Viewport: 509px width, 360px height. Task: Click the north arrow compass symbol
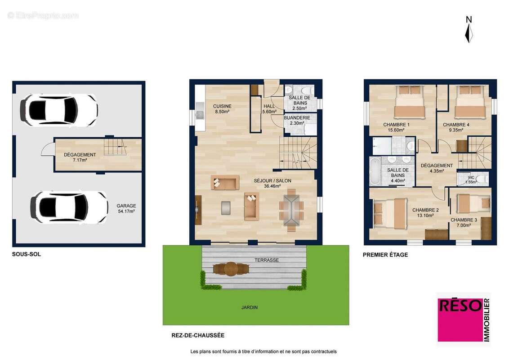469,30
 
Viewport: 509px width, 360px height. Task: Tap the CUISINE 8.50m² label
222,109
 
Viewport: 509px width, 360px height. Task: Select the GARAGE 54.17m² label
126,208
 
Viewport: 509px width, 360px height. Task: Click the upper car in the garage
59,110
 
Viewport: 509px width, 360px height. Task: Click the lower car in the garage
69,207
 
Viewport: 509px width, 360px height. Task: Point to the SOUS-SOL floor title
26,254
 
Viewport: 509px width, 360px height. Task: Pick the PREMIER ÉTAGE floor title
385,255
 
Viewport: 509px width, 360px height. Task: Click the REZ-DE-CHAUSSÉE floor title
198,335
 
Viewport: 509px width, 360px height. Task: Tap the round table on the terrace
231,269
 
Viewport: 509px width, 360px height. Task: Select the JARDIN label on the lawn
249,307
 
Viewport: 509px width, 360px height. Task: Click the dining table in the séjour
291,210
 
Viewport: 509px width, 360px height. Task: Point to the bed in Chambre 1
410,102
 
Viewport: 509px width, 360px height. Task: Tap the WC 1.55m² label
471,180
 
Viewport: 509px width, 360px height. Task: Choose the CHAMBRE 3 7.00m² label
464,223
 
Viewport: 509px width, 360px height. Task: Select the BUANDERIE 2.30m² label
297,120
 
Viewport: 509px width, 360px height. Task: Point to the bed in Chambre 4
470,102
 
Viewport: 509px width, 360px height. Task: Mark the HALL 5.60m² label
269,109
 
